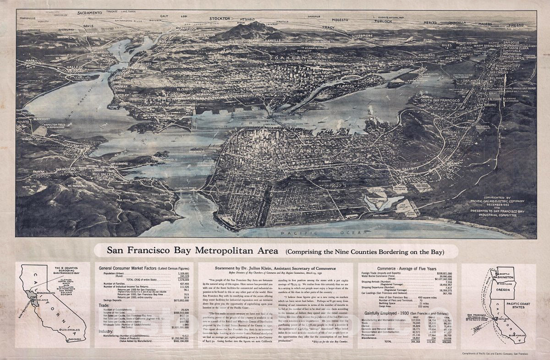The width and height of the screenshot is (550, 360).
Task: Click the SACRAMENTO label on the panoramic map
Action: (95, 13)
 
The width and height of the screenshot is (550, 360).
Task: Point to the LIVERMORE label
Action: (362, 35)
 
